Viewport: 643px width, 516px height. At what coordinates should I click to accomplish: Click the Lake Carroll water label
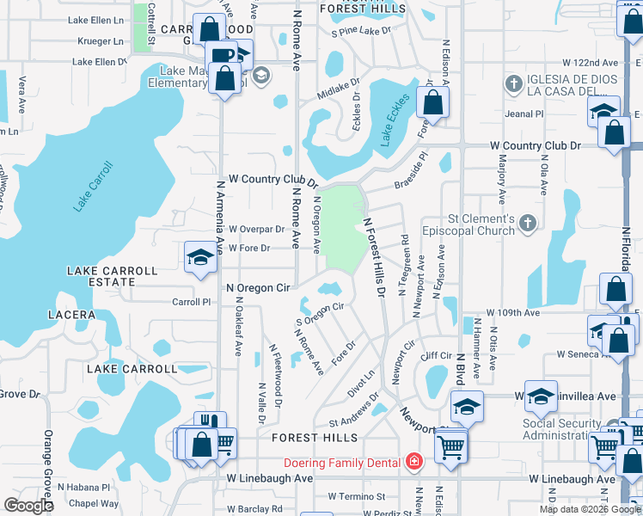(x=94, y=186)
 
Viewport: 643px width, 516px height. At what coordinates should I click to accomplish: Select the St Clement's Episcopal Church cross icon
(x=529, y=224)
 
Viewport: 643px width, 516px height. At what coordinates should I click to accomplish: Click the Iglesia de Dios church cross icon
(x=514, y=83)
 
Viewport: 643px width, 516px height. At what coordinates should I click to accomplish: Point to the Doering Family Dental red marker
(x=414, y=463)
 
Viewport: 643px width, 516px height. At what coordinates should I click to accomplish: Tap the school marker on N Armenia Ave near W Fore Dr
(x=200, y=257)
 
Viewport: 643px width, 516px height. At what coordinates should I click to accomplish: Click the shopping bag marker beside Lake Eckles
(x=433, y=102)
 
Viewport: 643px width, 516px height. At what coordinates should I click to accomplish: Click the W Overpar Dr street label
(x=256, y=230)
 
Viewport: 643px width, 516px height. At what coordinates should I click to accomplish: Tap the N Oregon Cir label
(x=258, y=288)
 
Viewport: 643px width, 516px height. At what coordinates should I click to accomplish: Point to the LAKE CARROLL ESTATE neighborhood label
(x=113, y=276)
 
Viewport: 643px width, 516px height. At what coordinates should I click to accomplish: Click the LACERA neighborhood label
(x=72, y=315)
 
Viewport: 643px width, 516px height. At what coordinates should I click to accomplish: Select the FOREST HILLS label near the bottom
(x=314, y=438)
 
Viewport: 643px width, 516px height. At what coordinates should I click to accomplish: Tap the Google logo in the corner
(x=28, y=505)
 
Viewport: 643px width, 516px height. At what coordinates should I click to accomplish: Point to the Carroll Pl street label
(x=192, y=302)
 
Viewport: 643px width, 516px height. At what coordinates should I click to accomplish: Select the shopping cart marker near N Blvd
(x=450, y=446)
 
